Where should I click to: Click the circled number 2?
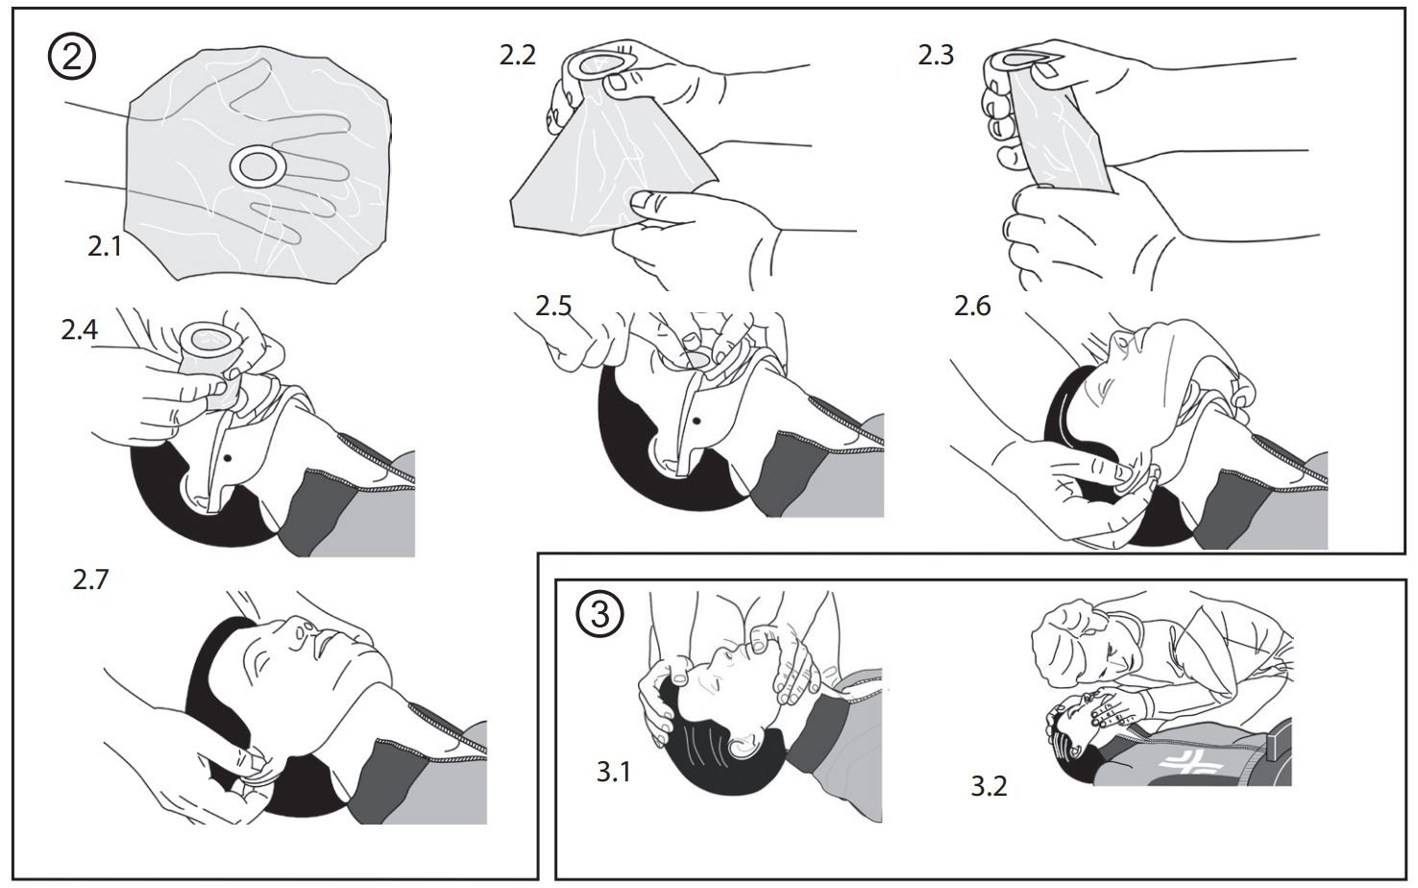72,59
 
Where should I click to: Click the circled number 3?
599,613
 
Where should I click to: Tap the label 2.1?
105,247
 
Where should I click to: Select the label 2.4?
79,331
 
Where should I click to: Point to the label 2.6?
971,306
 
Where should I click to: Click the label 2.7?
90,580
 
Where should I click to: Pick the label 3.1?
613,772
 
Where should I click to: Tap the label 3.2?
989,786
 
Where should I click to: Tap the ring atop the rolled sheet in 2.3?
1017,60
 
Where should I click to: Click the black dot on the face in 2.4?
228,458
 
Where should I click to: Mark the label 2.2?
517,56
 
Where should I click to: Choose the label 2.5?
553,306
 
